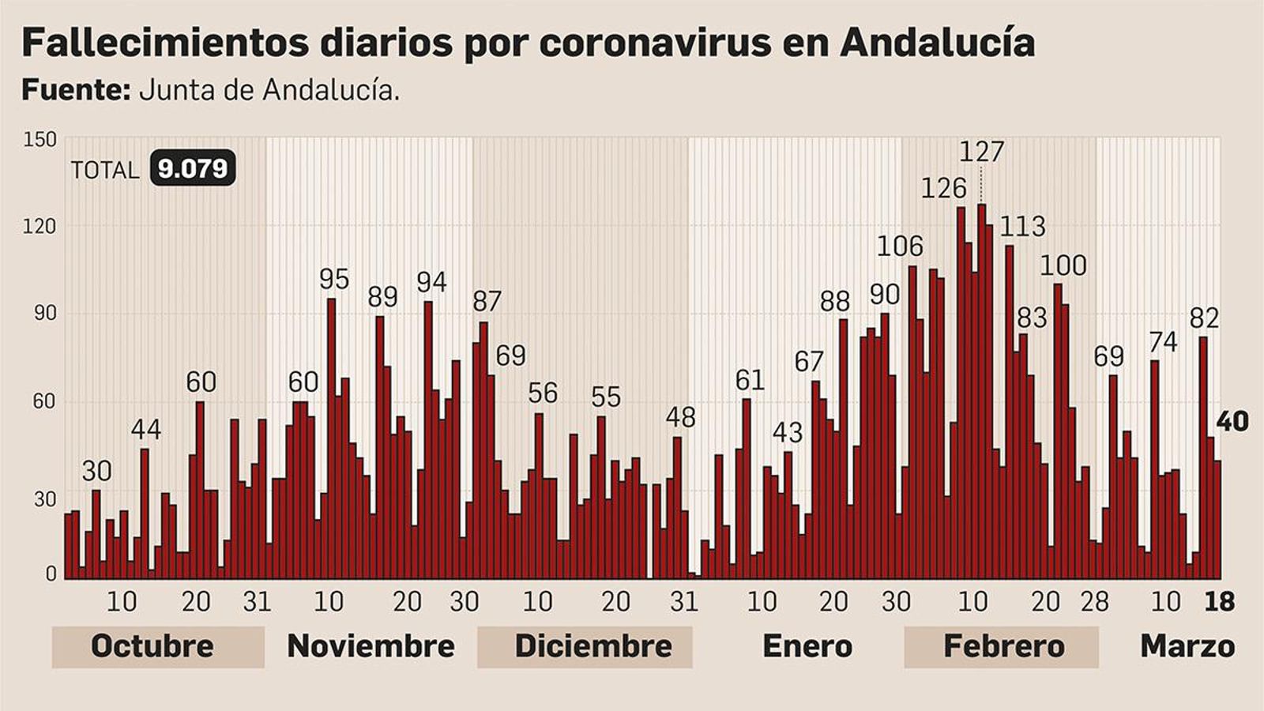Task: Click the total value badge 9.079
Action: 193,167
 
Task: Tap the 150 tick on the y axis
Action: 40,140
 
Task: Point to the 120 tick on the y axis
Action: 40,227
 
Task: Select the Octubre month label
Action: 152,646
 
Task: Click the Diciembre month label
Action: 593,646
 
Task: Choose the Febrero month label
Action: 1004,646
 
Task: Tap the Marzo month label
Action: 1187,646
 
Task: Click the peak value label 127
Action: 982,151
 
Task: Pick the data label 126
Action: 944,188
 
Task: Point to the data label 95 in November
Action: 334,279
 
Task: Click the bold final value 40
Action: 1232,421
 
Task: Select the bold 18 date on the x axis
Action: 1219,602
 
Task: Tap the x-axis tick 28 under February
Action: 1095,602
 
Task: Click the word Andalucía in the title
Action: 937,42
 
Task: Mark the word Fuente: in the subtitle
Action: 75,90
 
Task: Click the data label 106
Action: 900,246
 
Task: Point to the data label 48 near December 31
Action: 680,417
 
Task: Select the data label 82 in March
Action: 1205,318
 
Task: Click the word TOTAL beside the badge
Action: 105,170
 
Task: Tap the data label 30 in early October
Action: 96,471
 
